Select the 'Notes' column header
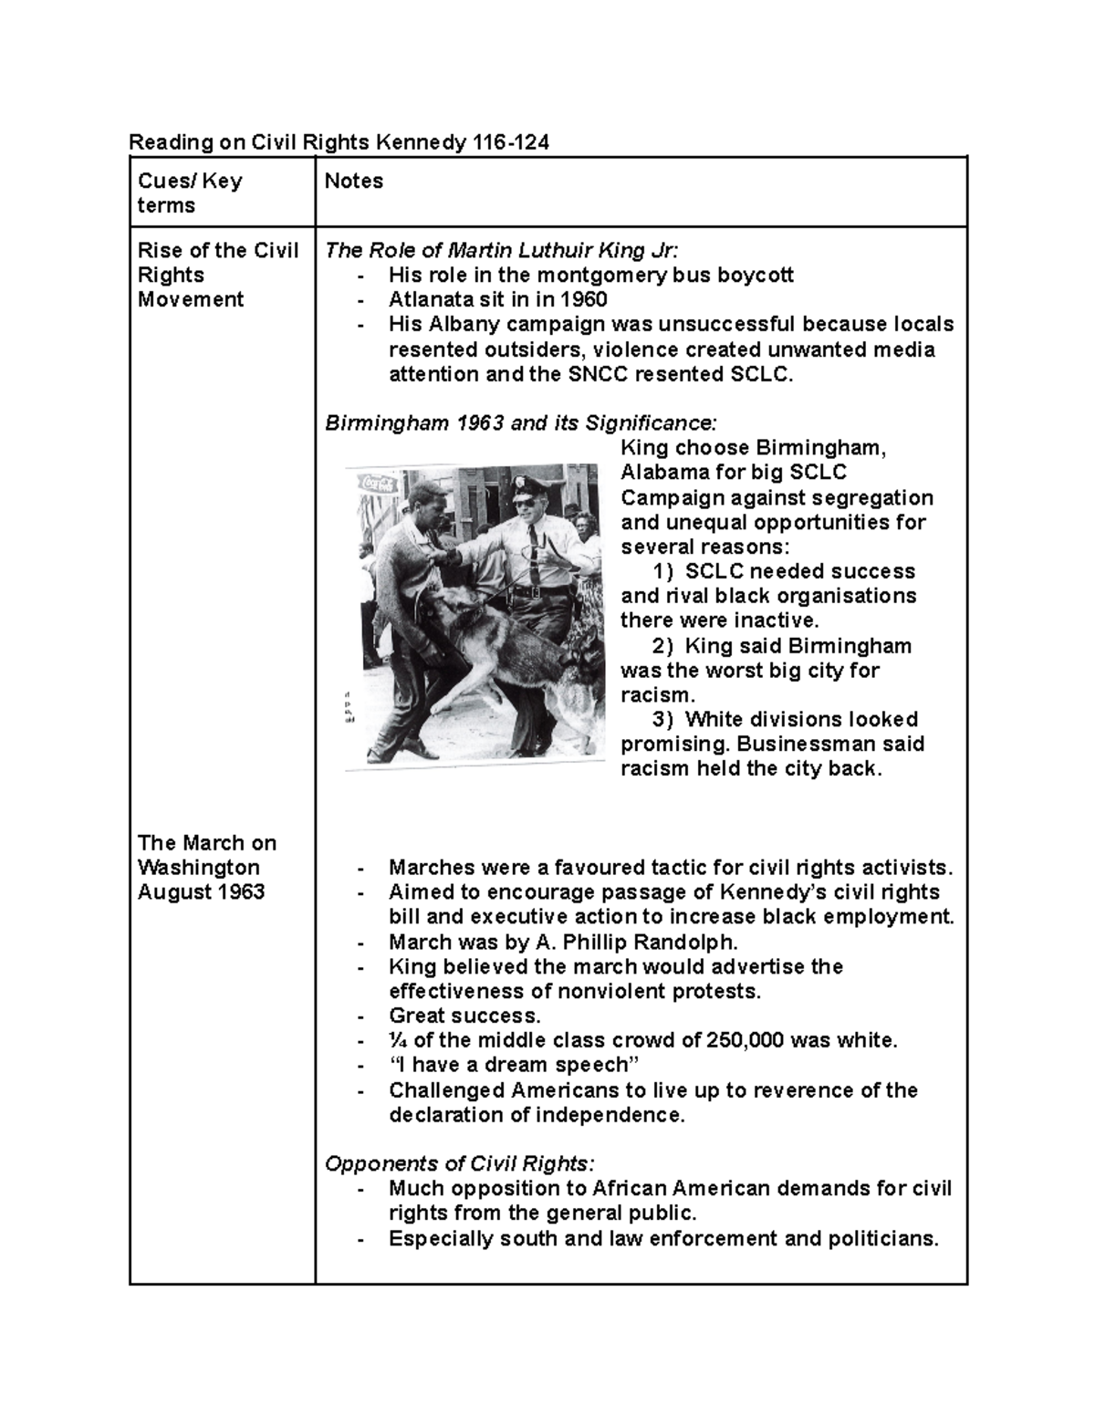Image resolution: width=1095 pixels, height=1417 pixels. click(354, 181)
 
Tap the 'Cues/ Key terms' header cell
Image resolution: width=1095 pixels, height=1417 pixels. click(189, 193)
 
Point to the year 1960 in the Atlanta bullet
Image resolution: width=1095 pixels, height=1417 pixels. click(583, 299)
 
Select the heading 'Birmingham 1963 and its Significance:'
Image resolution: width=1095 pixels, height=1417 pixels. click(521, 423)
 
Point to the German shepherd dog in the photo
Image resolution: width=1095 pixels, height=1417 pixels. click(511, 657)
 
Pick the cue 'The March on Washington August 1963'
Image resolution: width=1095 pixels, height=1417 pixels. click(206, 867)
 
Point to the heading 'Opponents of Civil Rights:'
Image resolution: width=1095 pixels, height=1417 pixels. click(460, 1164)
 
